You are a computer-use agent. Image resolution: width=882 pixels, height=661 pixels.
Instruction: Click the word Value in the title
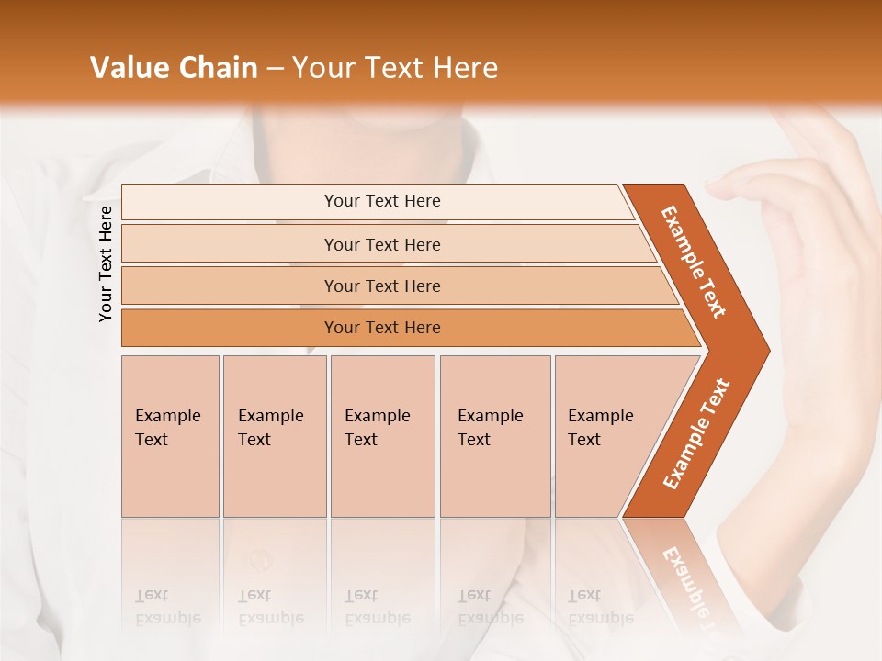click(x=129, y=68)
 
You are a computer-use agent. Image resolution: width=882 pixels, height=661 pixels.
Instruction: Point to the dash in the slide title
click(x=275, y=69)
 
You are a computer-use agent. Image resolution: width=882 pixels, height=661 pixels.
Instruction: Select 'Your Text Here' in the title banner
click(x=395, y=68)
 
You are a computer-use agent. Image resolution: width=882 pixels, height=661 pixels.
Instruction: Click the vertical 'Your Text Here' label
click(x=106, y=263)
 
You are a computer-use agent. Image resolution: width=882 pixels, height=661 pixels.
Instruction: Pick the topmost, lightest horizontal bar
click(x=381, y=201)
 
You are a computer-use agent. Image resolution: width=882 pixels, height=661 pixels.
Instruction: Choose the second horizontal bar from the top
click(x=381, y=244)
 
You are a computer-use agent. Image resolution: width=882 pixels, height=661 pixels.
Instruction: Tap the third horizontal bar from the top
click(x=381, y=286)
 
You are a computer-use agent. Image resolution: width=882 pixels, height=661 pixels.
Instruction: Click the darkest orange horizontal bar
click(x=381, y=328)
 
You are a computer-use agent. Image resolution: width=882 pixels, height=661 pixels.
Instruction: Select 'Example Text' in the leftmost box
click(x=167, y=428)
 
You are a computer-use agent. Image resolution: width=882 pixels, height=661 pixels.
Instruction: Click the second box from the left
click(x=275, y=436)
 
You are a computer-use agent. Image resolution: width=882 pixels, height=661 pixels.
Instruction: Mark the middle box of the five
click(x=382, y=436)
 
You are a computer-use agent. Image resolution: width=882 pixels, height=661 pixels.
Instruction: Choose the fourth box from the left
click(x=495, y=436)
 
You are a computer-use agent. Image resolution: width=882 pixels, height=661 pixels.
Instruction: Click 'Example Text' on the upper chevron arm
click(x=694, y=262)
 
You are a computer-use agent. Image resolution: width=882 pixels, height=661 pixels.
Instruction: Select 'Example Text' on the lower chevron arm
click(x=696, y=434)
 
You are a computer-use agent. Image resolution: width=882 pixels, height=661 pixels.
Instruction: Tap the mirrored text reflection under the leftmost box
click(x=167, y=606)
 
